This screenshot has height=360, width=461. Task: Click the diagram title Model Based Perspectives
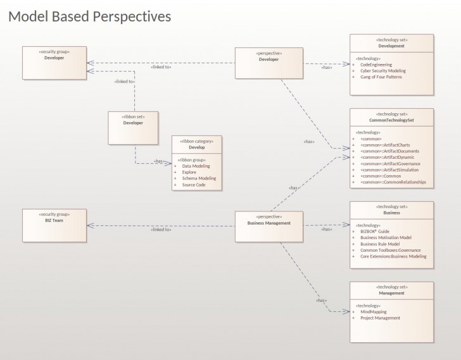coord(89,16)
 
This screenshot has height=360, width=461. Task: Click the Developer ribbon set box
coord(133,127)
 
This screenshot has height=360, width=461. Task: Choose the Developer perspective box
coord(268,63)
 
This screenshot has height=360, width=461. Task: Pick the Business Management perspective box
coord(268,227)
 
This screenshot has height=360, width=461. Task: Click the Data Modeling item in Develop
coord(196,166)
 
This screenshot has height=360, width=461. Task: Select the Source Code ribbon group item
coord(193,185)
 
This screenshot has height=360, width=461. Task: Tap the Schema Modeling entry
coord(199,178)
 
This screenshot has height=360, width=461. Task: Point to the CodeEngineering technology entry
coord(376,65)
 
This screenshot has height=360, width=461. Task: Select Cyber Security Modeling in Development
coord(383,71)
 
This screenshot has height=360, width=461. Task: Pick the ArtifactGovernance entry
coord(390,163)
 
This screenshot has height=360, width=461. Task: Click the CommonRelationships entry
coord(393,182)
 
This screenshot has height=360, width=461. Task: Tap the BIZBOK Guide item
coord(376,232)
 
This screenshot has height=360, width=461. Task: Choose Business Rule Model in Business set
coord(380,244)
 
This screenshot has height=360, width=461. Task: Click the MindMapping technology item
coord(374,312)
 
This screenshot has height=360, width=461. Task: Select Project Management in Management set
coord(380,318)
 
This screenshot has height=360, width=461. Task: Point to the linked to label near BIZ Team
coord(161,229)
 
